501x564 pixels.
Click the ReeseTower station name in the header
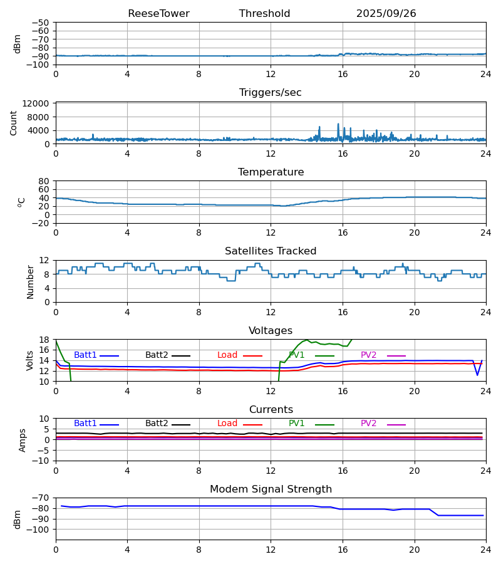[158, 14]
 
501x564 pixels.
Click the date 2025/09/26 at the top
[386, 14]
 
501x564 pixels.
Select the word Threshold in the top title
[264, 14]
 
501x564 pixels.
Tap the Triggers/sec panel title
[271, 93]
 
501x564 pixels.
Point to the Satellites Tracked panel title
[271, 251]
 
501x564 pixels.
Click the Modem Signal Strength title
[271, 489]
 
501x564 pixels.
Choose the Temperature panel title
[271, 172]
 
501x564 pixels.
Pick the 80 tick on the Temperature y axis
[43, 181]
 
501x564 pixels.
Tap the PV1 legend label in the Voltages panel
[297, 355]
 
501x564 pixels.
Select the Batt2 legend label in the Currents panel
[157, 424]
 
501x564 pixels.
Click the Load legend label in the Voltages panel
[227, 355]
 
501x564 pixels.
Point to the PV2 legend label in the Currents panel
[369, 424]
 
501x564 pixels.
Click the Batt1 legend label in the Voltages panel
[85, 355]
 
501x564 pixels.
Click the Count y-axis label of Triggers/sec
[14, 123]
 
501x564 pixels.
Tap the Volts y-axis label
[31, 360]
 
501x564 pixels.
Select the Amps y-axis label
[23, 440]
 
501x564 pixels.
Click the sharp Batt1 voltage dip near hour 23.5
[477, 375]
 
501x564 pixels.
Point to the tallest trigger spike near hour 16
[338, 124]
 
